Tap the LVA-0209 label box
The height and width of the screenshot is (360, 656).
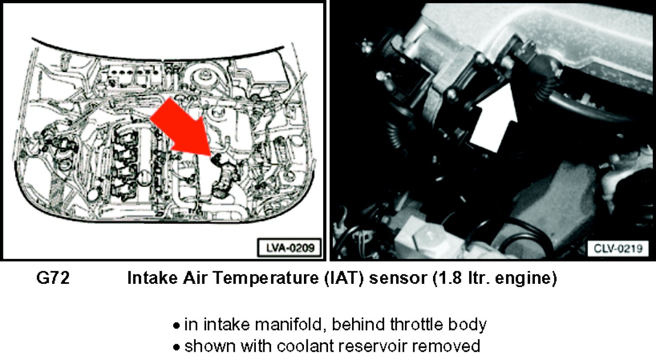(x=290, y=248)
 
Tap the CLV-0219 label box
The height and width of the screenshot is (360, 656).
(x=618, y=248)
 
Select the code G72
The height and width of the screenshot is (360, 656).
(x=53, y=278)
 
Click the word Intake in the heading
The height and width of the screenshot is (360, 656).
(x=153, y=278)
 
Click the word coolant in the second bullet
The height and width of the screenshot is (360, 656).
(x=305, y=346)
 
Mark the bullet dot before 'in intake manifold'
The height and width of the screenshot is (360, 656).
(x=176, y=326)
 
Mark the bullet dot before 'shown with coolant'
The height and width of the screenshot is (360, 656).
(x=176, y=348)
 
